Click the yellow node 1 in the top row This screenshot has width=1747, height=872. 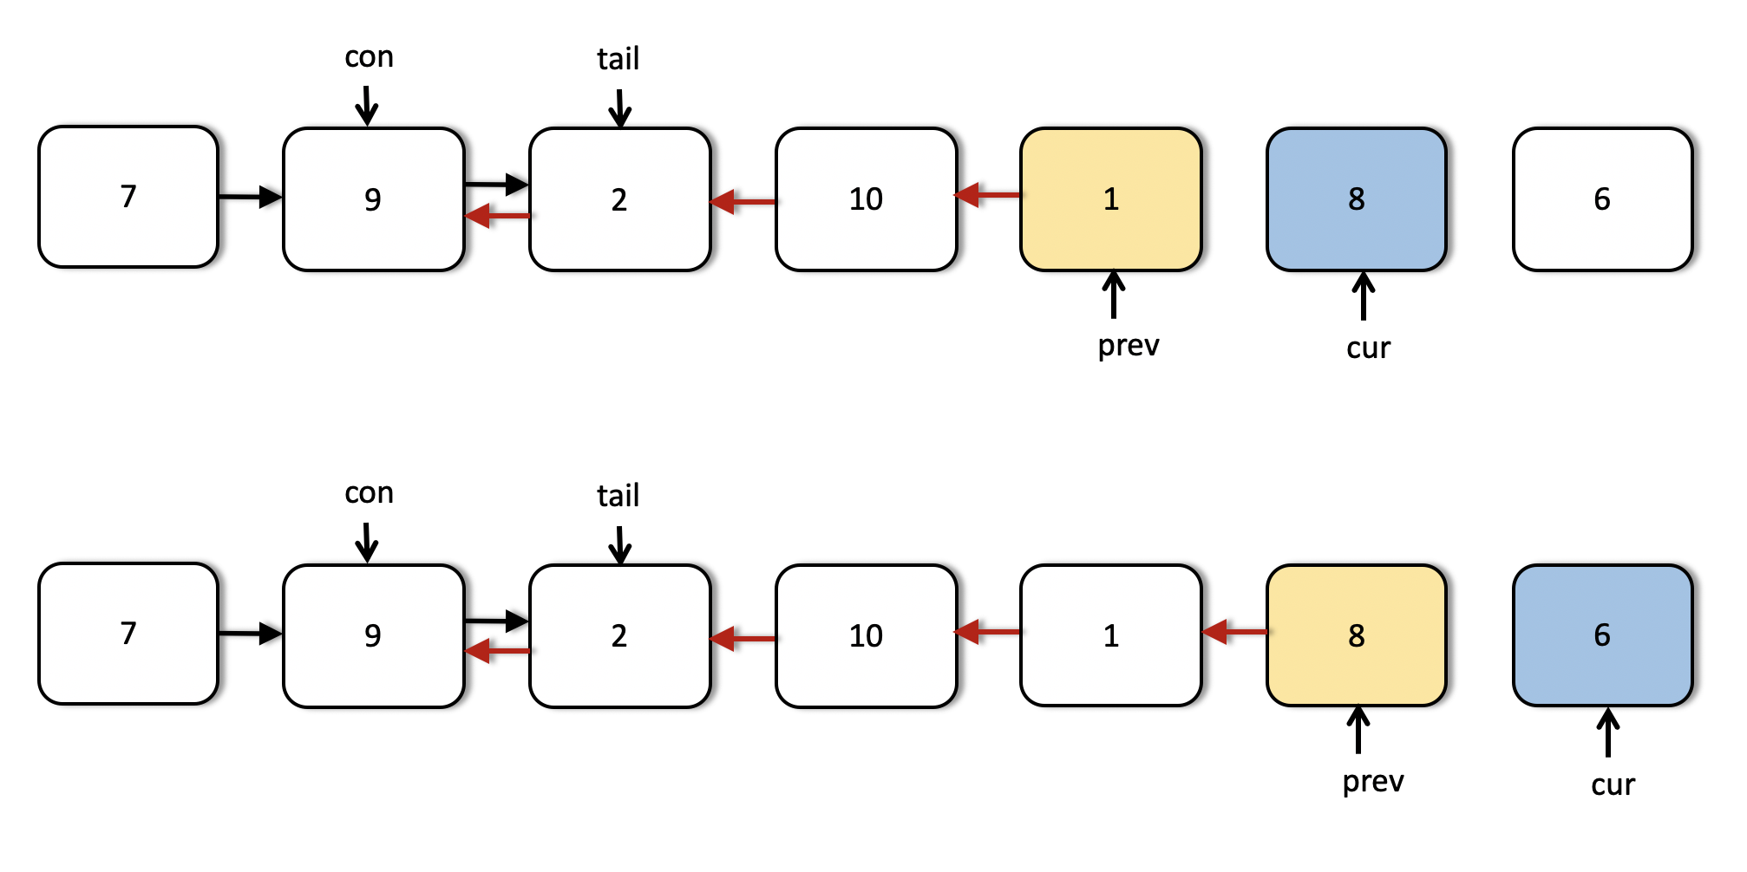[x=1111, y=199]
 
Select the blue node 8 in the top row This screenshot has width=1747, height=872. [x=1357, y=199]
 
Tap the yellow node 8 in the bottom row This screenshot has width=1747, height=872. [x=1357, y=635]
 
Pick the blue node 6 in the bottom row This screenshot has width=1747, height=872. [x=1603, y=635]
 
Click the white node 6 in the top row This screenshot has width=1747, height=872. [x=1603, y=199]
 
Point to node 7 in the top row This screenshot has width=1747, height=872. [x=128, y=197]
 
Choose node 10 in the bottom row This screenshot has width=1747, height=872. [x=866, y=636]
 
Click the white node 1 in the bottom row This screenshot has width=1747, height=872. [x=1111, y=636]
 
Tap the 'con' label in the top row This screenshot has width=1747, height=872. [x=369, y=57]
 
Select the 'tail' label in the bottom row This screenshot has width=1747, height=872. [x=618, y=495]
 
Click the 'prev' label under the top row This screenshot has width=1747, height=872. [x=1129, y=346]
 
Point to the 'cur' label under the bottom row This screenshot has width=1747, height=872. [x=1613, y=784]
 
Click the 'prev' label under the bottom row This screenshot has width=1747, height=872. [x=1373, y=782]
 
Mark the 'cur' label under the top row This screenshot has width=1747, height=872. [x=1368, y=348]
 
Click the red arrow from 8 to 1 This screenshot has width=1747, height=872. [x=1234, y=632]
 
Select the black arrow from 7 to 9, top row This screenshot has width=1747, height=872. [x=251, y=197]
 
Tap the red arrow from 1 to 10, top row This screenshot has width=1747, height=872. [x=988, y=195]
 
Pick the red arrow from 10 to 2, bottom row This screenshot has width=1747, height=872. [x=743, y=639]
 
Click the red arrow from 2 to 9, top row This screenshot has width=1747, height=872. [x=498, y=215]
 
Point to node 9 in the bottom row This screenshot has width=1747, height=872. [x=373, y=636]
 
